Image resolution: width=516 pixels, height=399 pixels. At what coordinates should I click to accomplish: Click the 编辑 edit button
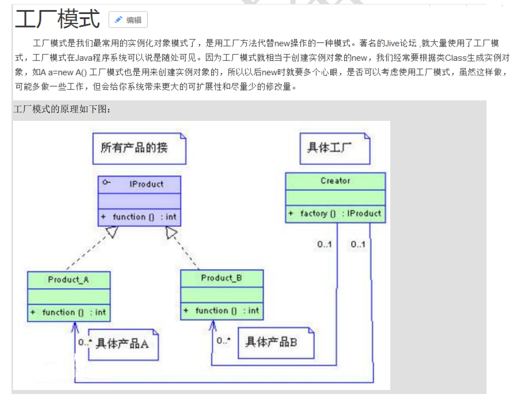click(x=128, y=20)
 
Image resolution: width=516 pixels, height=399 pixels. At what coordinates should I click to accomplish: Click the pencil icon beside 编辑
click(x=118, y=20)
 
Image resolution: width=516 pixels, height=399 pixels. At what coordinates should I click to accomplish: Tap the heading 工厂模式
click(x=57, y=19)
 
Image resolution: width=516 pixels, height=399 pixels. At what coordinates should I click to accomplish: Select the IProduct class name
click(x=146, y=184)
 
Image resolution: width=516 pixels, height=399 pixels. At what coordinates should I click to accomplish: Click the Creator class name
click(x=335, y=181)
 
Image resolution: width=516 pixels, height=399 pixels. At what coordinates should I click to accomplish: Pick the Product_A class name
click(x=68, y=280)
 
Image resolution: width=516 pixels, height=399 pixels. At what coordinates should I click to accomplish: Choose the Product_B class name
click(x=222, y=278)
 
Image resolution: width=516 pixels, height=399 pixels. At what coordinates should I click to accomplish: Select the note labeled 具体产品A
click(x=123, y=344)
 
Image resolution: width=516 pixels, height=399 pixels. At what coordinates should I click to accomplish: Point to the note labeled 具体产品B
click(x=272, y=343)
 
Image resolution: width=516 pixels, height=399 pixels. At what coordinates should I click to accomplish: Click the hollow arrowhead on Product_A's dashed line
click(x=112, y=232)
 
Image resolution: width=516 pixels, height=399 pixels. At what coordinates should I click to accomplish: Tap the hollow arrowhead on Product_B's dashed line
click(x=172, y=232)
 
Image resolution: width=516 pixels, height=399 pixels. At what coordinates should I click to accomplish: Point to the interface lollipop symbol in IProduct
click(x=106, y=183)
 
